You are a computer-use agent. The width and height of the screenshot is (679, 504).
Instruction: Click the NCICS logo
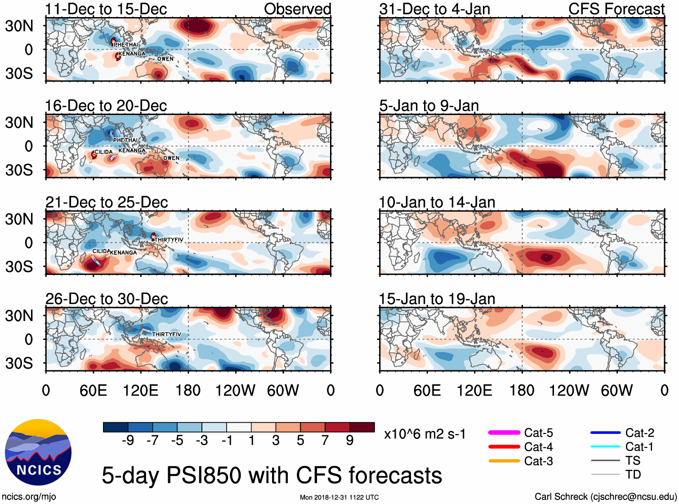(38, 452)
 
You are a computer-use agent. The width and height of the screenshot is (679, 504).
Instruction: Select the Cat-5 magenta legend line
(504, 433)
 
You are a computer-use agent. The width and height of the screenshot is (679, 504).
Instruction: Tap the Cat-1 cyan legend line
(605, 446)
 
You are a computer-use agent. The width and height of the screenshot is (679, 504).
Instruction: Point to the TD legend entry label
(633, 474)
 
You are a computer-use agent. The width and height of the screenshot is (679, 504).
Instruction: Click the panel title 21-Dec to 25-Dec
(107, 202)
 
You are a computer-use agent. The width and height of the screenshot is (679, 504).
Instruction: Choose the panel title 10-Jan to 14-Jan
(437, 202)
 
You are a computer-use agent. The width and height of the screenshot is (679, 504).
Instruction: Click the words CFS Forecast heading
(616, 9)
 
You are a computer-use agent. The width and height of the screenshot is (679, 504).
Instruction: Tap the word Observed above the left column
(297, 9)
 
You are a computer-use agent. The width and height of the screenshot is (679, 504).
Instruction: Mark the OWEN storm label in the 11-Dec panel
(165, 58)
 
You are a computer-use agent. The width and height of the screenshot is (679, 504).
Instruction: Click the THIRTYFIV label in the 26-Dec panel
(166, 334)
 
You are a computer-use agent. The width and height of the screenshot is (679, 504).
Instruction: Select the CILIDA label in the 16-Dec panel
(103, 152)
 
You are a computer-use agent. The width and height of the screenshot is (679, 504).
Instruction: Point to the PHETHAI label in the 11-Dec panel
(126, 45)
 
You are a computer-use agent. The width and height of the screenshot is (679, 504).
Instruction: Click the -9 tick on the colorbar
(128, 440)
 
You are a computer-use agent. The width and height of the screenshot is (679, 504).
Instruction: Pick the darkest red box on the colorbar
(362, 427)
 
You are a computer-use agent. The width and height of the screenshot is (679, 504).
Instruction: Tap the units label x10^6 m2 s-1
(424, 434)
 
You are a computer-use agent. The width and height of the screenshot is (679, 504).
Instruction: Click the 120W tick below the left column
(235, 390)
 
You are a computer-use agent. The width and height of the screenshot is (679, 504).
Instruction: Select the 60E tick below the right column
(427, 390)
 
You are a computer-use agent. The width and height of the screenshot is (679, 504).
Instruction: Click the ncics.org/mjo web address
(29, 496)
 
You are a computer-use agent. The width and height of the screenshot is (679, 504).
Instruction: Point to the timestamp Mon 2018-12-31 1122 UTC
(339, 497)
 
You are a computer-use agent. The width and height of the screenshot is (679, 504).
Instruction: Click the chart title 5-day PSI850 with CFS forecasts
(272, 475)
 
